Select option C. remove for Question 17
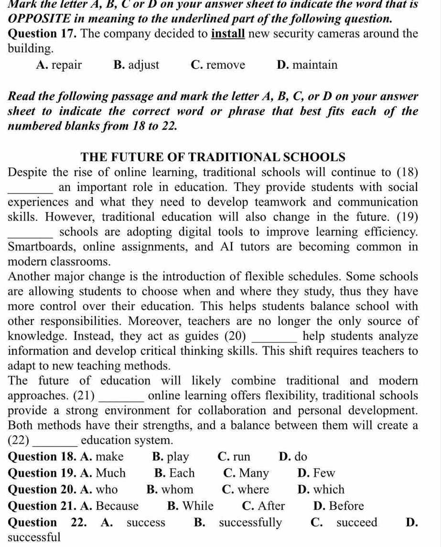pos(217,65)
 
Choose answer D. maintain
pos(307,65)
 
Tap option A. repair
pos(59,65)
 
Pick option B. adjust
pos(137,65)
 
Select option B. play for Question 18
pos(170,457)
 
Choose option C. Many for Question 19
pos(246,473)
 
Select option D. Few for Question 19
pos(316,473)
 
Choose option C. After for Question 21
pos(263,506)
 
